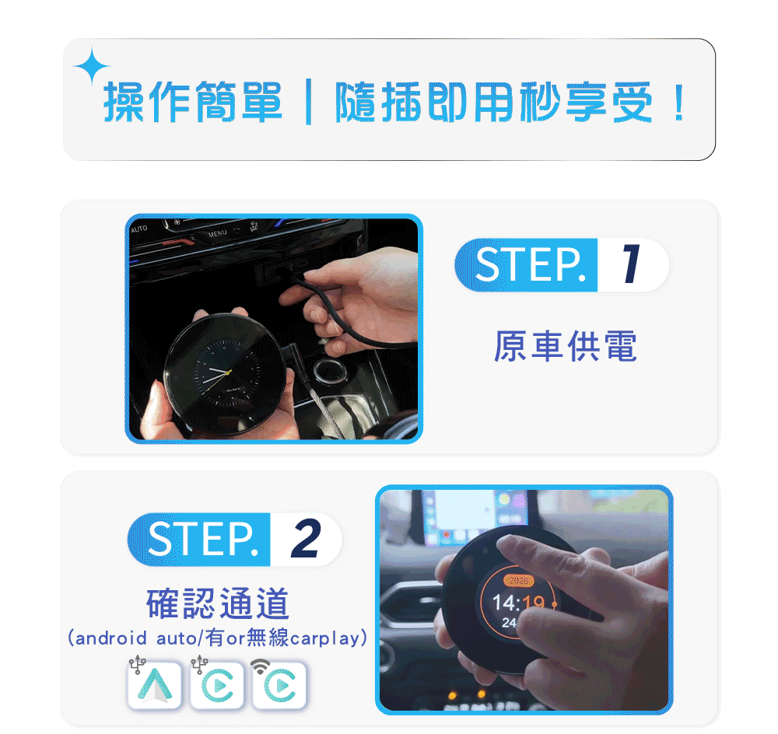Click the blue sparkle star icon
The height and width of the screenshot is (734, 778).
pyautogui.click(x=91, y=66)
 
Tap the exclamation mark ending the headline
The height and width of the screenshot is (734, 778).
pyautogui.click(x=678, y=103)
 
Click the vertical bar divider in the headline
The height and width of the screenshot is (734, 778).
pyautogui.click(x=309, y=102)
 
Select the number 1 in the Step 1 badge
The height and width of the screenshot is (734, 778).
pyautogui.click(x=631, y=264)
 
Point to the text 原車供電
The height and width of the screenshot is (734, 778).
pyautogui.click(x=565, y=346)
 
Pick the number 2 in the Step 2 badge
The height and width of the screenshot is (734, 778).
pyautogui.click(x=305, y=539)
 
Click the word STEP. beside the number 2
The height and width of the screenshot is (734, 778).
pyautogui.click(x=203, y=539)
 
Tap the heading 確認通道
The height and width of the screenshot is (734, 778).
pyautogui.click(x=217, y=603)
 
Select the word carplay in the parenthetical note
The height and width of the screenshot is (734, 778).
pyautogui.click(x=324, y=638)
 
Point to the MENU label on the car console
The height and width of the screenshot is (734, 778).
pyautogui.click(x=217, y=233)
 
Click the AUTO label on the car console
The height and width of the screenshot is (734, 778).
pyautogui.click(x=139, y=229)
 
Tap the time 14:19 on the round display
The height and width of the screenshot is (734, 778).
pyautogui.click(x=518, y=603)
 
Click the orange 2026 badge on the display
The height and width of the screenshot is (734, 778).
pyautogui.click(x=518, y=581)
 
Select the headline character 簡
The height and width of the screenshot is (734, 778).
pyautogui.click(x=216, y=102)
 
